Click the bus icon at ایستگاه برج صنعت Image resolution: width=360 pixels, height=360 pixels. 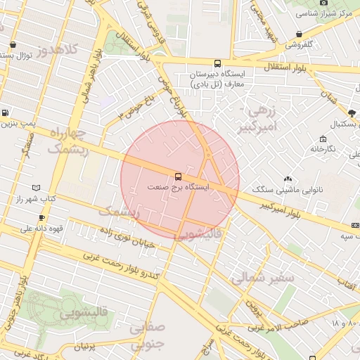179,176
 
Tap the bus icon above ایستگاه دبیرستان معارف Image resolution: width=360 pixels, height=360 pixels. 217,63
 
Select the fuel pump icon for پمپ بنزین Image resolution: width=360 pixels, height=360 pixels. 6,112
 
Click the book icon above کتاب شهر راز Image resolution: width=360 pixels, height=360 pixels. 37,188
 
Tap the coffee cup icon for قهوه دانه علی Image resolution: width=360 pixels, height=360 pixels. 41,217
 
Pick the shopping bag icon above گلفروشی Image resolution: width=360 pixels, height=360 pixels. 300,33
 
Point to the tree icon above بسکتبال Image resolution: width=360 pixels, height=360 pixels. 352,112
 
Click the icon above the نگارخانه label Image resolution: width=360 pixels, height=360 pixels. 323,139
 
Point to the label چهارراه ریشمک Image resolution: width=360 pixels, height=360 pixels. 68,140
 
